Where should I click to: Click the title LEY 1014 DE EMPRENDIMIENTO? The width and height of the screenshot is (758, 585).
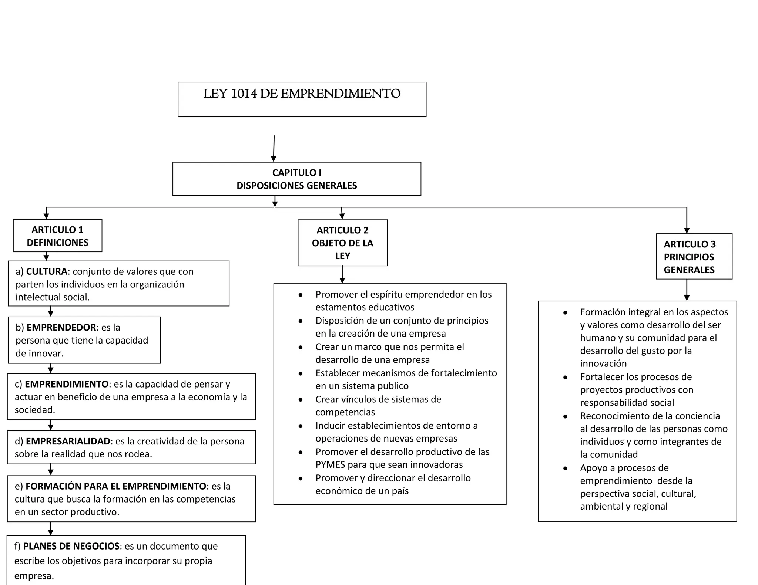pyautogui.click(x=302, y=94)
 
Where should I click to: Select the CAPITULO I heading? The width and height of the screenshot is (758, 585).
pyautogui.click(x=296, y=173)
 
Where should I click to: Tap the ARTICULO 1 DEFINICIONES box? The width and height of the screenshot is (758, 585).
pyautogui.click(x=58, y=236)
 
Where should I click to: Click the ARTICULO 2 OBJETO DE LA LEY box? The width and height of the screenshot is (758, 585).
pyautogui.click(x=342, y=243)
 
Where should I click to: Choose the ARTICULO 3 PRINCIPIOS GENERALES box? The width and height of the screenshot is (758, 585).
pyautogui.click(x=694, y=257)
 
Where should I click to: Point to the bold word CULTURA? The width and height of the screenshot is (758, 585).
pyautogui.click(x=47, y=272)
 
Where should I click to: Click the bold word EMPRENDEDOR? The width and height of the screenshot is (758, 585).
pyautogui.click(x=61, y=328)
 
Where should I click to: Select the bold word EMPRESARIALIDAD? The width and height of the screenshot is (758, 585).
pyautogui.click(x=68, y=442)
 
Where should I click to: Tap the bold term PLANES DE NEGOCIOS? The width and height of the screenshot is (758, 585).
pyautogui.click(x=71, y=546)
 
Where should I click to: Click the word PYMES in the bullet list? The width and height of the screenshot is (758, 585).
pyautogui.click(x=330, y=465)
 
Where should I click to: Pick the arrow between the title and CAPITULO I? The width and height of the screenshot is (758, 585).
pyautogui.click(x=274, y=148)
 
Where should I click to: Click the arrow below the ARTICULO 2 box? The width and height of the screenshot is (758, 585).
pyautogui.click(x=342, y=274)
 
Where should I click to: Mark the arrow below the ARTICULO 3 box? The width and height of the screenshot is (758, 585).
pyautogui.click(x=687, y=290)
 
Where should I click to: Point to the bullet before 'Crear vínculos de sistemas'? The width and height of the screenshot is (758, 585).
pyautogui.click(x=301, y=400)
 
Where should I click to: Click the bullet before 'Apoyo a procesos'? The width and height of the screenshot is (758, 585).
pyautogui.click(x=565, y=469)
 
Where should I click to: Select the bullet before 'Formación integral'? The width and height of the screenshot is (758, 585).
pyautogui.click(x=565, y=313)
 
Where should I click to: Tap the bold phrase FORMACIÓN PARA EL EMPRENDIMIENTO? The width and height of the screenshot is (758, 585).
pyautogui.click(x=115, y=486)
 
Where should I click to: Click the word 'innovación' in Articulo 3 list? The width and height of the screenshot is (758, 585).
pyautogui.click(x=603, y=363)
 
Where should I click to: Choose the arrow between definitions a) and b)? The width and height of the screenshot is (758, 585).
pyautogui.click(x=51, y=311)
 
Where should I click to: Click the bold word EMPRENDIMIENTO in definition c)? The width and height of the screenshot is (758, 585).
pyautogui.click(x=67, y=384)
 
